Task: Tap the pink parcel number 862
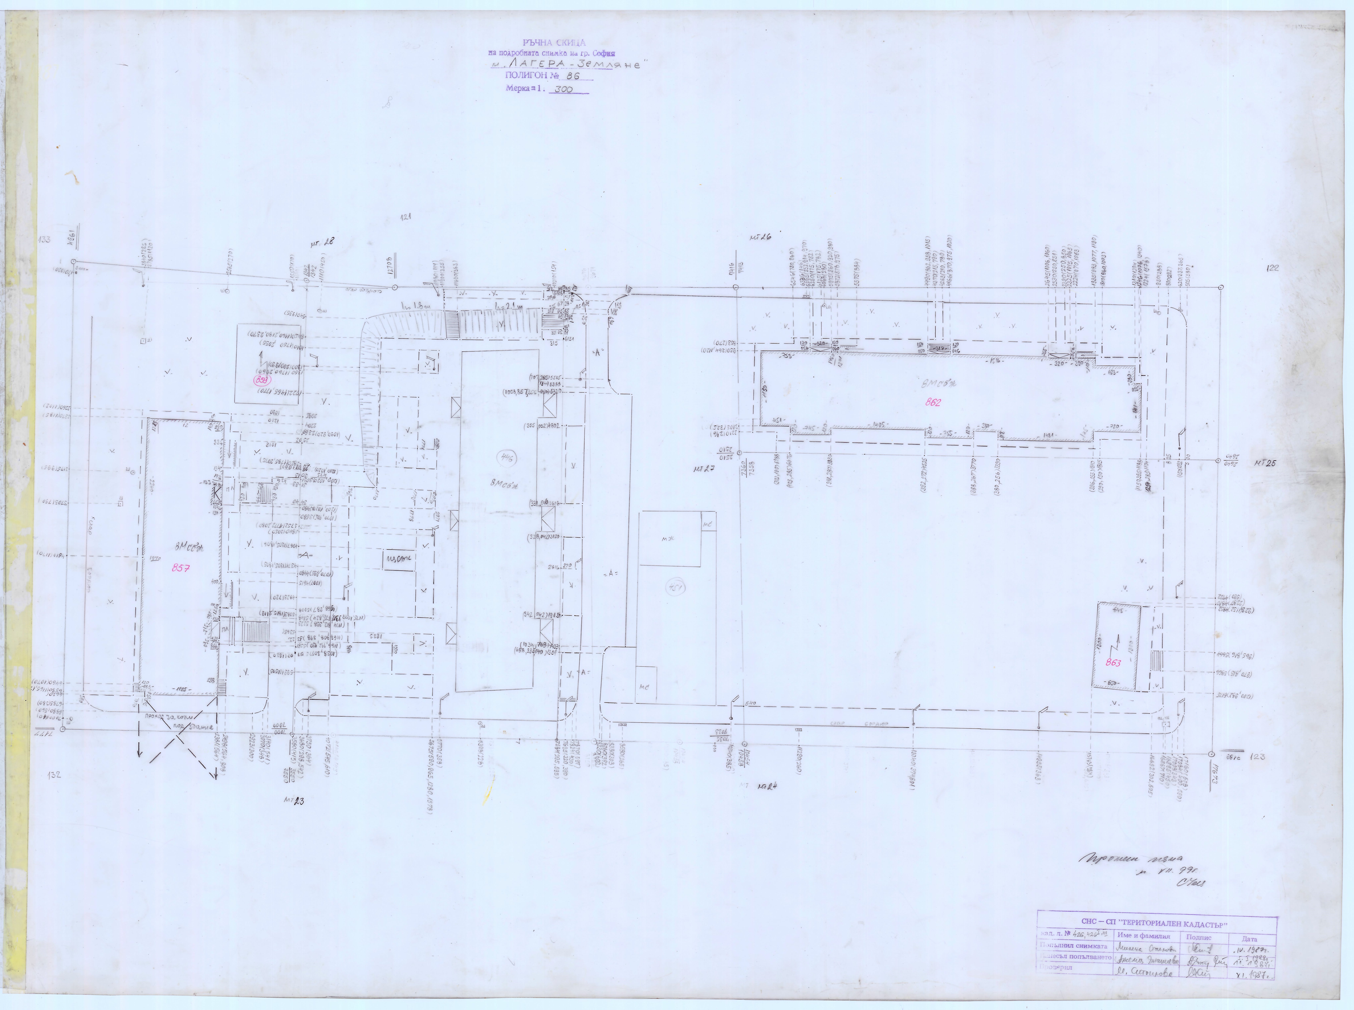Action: [x=933, y=402]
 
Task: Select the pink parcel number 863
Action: [x=1113, y=663]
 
